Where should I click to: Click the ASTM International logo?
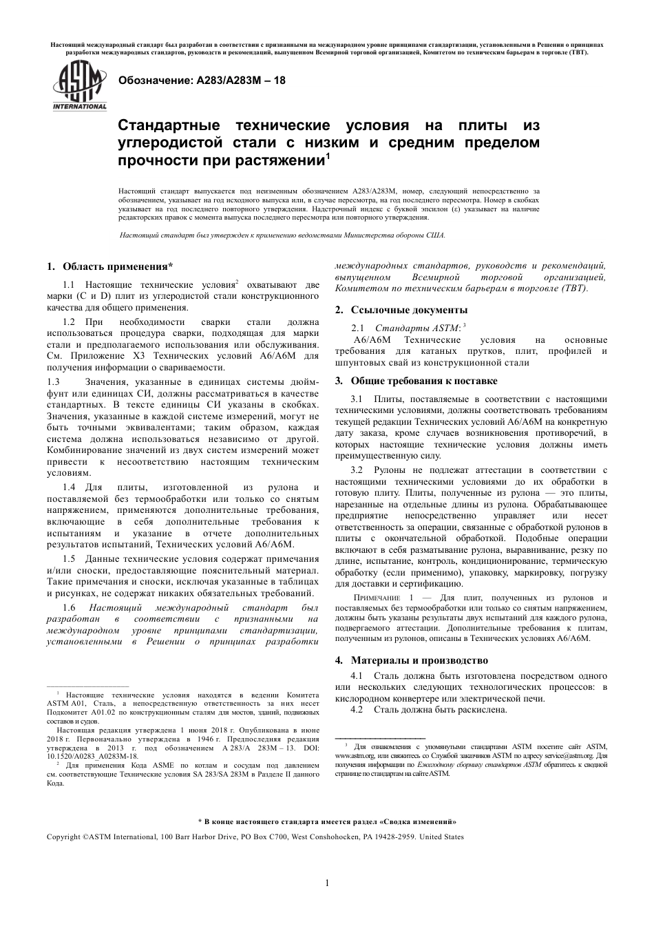click(80, 85)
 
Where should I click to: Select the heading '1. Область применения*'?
click(109, 266)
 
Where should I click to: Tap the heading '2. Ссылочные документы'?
click(401, 310)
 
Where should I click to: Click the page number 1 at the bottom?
click(327, 883)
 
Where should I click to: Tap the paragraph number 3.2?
click(357, 470)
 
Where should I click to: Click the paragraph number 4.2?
click(357, 709)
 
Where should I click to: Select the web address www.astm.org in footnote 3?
click(352, 755)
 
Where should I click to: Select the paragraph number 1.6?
click(69, 607)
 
